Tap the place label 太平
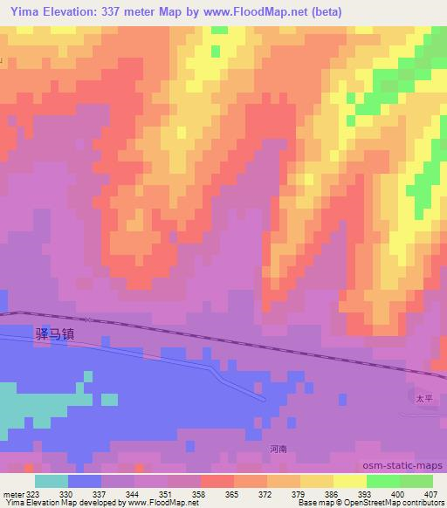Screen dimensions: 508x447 (423, 397)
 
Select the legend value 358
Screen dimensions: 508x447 (201, 493)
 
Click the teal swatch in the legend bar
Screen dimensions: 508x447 (51, 481)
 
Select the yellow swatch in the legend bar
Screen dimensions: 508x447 (350, 481)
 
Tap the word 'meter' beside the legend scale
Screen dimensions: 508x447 (13, 493)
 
